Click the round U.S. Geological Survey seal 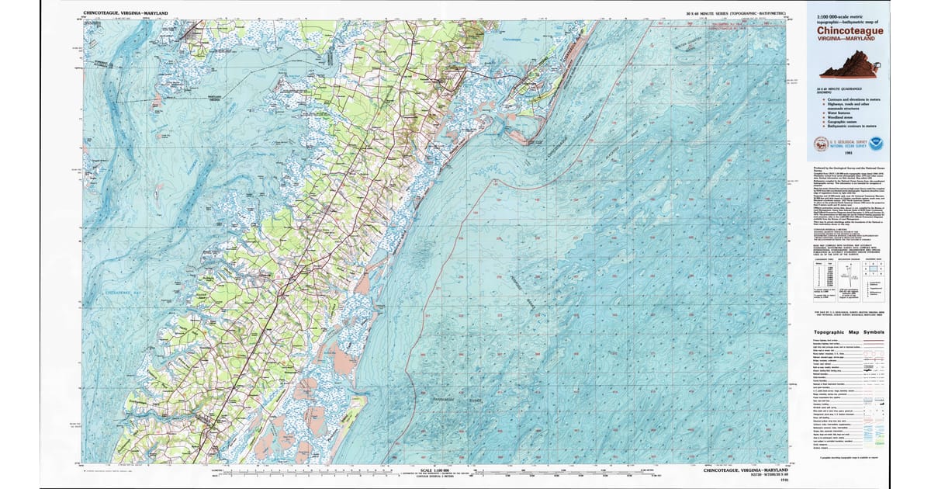(821, 144)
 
